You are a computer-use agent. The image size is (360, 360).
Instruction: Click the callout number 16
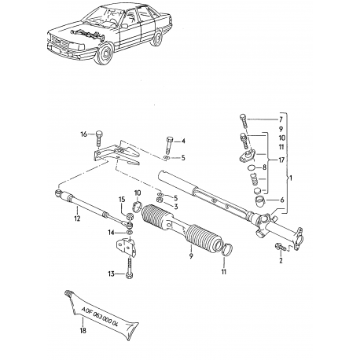85,134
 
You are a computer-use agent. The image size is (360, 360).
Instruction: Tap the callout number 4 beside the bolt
183,141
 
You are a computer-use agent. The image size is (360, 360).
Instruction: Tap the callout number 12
77,220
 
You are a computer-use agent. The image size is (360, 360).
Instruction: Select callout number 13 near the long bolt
112,274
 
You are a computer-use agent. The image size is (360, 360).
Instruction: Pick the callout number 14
111,233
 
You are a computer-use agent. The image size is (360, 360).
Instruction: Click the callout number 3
175,206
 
